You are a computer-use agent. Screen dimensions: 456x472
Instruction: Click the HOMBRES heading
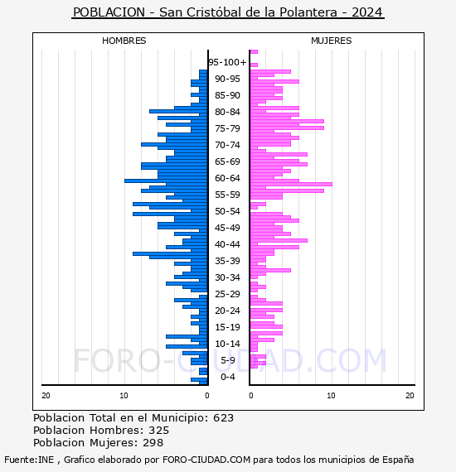pyautogui.click(x=124, y=41)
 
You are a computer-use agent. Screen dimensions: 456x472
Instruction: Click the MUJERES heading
pyautogui.click(x=332, y=41)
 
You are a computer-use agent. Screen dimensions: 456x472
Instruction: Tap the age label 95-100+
pyautogui.click(x=227, y=62)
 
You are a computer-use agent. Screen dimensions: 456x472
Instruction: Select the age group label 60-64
pyautogui.click(x=227, y=178)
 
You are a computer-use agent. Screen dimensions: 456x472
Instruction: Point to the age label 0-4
pyautogui.click(x=227, y=377)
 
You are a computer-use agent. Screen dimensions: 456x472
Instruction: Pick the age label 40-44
pyautogui.click(x=227, y=244)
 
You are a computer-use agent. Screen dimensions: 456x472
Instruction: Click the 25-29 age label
pyautogui.click(x=227, y=294)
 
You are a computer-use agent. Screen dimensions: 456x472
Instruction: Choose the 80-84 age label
pyautogui.click(x=227, y=112)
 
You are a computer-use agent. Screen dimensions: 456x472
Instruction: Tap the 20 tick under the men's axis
pyautogui.click(x=46, y=396)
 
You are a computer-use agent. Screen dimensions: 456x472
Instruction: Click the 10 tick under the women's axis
pyautogui.click(x=331, y=396)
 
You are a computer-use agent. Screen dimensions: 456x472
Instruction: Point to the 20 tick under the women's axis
pyautogui.click(x=410, y=396)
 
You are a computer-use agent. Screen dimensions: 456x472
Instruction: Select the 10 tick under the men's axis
pyautogui.click(x=124, y=396)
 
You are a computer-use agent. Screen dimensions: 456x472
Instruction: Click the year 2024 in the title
pyautogui.click(x=366, y=12)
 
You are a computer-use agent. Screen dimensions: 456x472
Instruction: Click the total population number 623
pyautogui.click(x=223, y=418)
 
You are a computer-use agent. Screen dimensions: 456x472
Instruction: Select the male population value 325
pyautogui.click(x=159, y=430)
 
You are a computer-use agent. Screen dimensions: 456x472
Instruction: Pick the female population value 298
pyautogui.click(x=153, y=442)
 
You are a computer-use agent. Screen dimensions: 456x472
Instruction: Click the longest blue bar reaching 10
pyautogui.click(x=166, y=181)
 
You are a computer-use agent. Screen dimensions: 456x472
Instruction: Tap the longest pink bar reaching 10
pyautogui.click(x=291, y=184)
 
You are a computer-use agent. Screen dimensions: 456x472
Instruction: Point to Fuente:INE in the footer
pyautogui.click(x=29, y=460)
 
